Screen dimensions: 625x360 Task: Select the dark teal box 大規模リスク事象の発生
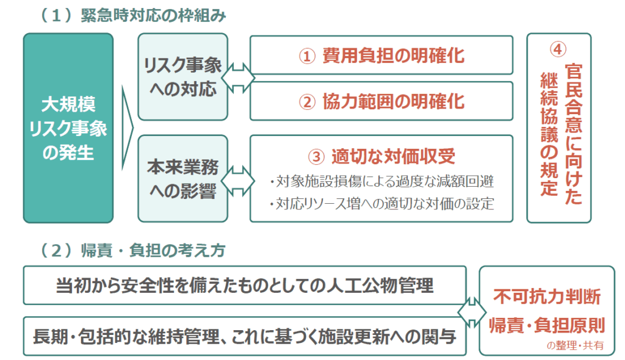pyautogui.click(x=68, y=128)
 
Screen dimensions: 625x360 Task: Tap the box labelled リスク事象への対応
pyautogui.click(x=183, y=76)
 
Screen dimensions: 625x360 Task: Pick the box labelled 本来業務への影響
pyautogui.click(x=183, y=179)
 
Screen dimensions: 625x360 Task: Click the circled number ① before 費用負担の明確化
pyautogui.click(x=308, y=56)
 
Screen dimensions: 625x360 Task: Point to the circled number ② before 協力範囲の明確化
pyautogui.click(x=308, y=102)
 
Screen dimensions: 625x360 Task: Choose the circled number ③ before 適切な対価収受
pyautogui.click(x=317, y=157)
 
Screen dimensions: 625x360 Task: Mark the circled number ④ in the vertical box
pyautogui.click(x=558, y=49)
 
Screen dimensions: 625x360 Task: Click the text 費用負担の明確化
pyautogui.click(x=394, y=56)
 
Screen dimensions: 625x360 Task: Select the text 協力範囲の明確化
pyautogui.click(x=394, y=101)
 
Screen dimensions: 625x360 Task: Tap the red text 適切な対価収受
pyautogui.click(x=394, y=156)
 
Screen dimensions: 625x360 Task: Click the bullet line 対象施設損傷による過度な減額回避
pyautogui.click(x=381, y=181)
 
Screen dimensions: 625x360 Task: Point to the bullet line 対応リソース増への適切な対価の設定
pyautogui.click(x=381, y=204)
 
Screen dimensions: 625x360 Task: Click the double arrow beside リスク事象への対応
pyautogui.click(x=239, y=77)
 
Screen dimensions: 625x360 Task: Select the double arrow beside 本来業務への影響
pyautogui.click(x=239, y=181)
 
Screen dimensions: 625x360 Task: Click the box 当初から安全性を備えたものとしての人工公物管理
pyautogui.click(x=245, y=286)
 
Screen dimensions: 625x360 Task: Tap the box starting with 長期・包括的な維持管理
pyautogui.click(x=245, y=336)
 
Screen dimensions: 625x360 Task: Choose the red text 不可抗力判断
pyautogui.click(x=547, y=297)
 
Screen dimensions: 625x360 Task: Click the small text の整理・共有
pyautogui.click(x=575, y=345)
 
